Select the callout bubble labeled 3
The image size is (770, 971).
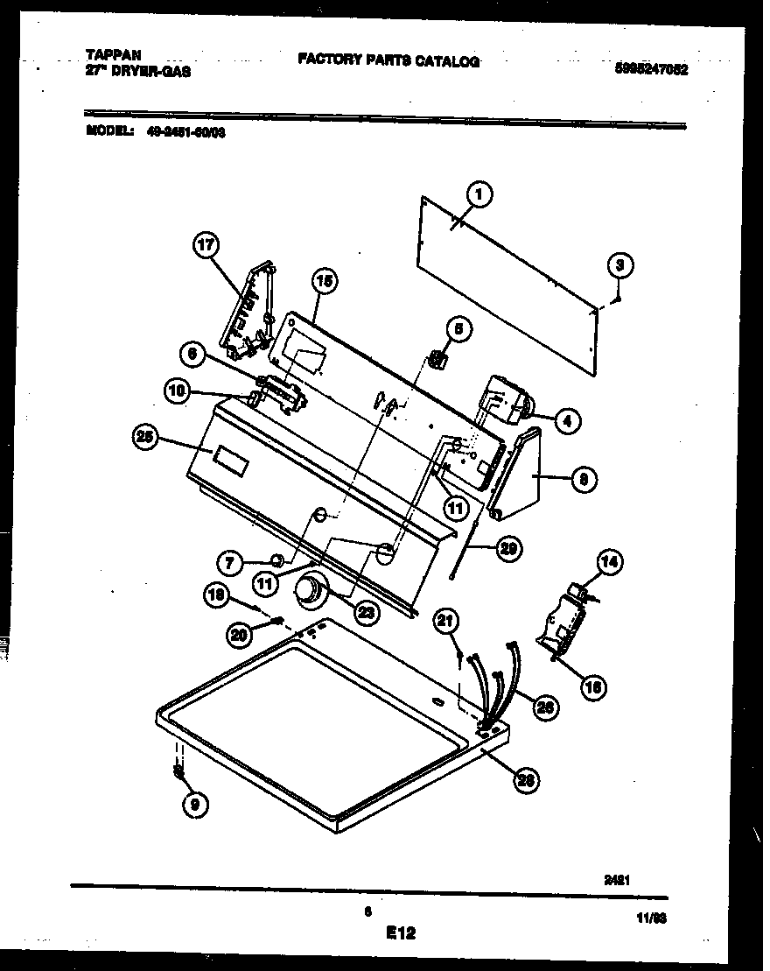(x=619, y=264)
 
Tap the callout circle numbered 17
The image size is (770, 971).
(x=206, y=247)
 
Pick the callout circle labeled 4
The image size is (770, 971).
(x=566, y=422)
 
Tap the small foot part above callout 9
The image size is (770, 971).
(x=178, y=770)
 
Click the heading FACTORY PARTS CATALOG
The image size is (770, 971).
(x=388, y=60)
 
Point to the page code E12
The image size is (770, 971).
(x=400, y=934)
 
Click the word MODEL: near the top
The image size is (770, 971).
(x=110, y=131)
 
